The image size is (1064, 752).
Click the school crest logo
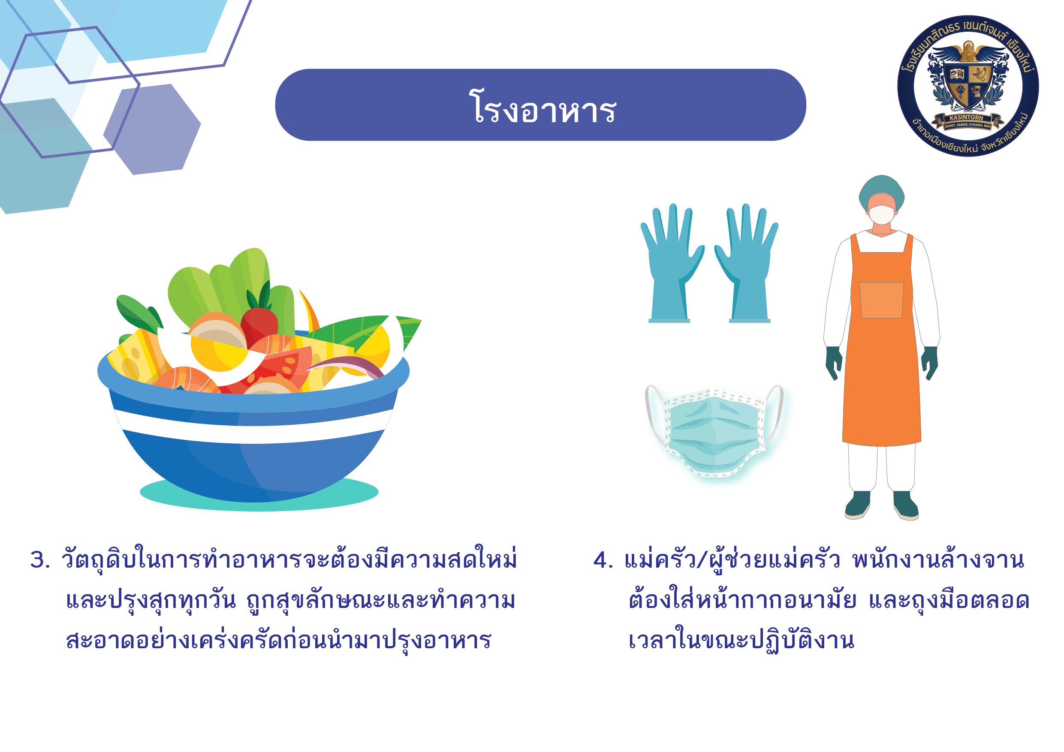968,86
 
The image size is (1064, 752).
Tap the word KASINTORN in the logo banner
966,118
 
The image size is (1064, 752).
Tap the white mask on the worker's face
881,214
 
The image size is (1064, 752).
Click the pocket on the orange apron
881,300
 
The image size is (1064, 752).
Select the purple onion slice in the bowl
347,366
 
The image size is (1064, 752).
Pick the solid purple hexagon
152,129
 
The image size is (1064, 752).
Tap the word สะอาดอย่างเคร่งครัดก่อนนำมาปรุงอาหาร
278,639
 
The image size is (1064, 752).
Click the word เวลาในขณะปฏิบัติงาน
741,639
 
